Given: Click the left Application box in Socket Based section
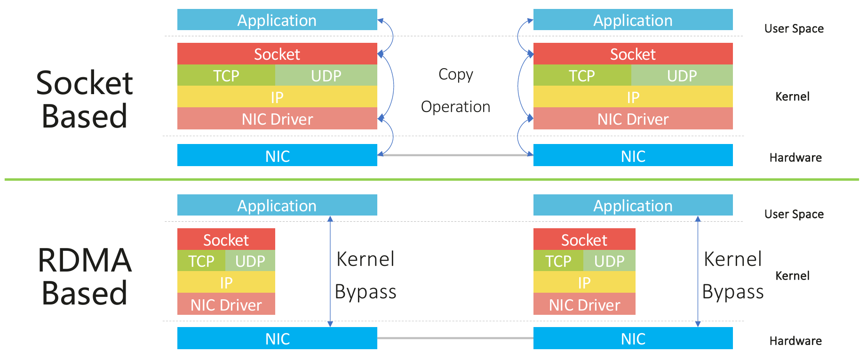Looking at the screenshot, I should click(277, 20).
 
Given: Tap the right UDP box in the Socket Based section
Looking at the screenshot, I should click(682, 75).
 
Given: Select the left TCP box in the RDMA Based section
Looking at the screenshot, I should click(201, 261).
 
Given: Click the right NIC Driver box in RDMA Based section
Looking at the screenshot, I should click(584, 304).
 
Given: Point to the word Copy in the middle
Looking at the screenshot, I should click(455, 74).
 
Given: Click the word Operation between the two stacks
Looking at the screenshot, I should click(455, 107).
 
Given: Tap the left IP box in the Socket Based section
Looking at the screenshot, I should click(277, 97).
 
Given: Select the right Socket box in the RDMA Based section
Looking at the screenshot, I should click(584, 240).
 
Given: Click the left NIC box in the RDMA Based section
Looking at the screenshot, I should click(277, 338).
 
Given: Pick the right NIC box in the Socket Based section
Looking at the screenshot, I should click(633, 156).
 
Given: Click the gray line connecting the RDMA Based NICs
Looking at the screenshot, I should click(455, 338).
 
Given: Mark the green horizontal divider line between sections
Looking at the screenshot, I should click(431, 179).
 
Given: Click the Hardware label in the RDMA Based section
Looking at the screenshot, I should click(795, 341).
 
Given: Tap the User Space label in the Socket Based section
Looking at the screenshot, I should click(794, 29).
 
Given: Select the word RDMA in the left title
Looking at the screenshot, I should click(85, 260).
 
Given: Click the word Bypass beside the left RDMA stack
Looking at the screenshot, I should click(366, 292).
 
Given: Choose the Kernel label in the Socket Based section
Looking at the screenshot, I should click(792, 96).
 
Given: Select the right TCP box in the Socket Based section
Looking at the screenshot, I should click(582, 75).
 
